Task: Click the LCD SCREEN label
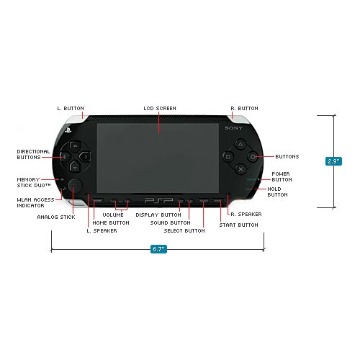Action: tap(159, 108)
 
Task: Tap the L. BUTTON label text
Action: tap(71, 108)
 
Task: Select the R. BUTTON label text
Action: tap(243, 108)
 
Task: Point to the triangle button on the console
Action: tap(240, 143)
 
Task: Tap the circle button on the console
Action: tap(253, 156)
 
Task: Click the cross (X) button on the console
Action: tap(240, 168)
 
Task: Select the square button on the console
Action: tap(228, 156)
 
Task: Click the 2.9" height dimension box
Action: tap(333, 161)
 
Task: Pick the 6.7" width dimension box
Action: tap(158, 249)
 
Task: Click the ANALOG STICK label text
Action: tap(55, 216)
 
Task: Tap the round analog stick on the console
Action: tap(75, 193)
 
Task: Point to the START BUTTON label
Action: tap(238, 225)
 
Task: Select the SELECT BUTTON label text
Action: tap(184, 230)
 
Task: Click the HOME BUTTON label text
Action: tap(111, 223)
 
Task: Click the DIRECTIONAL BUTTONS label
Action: tap(33, 154)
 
